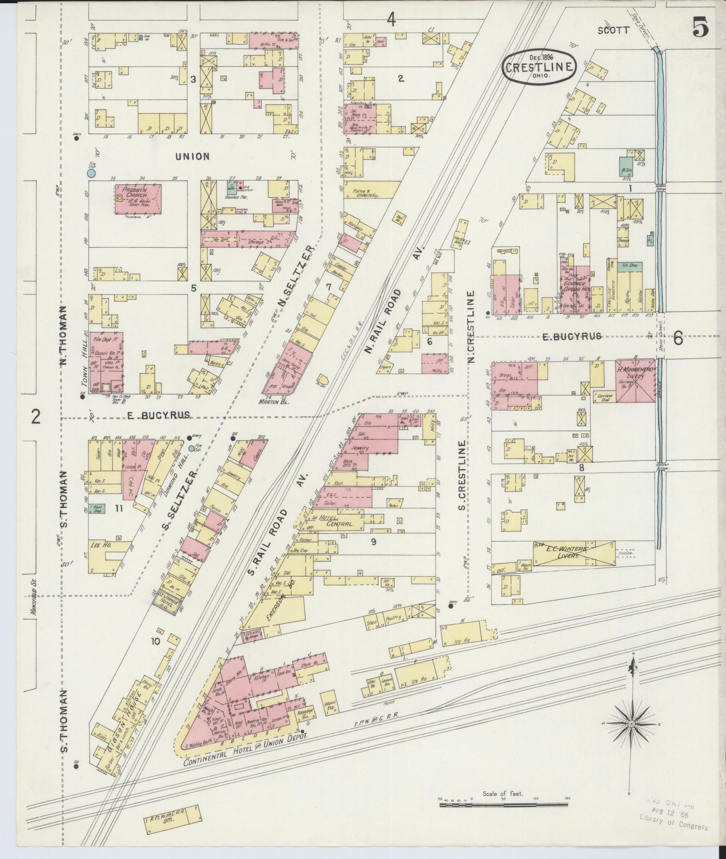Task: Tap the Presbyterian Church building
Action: (x=138, y=199)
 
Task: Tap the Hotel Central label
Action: (x=330, y=521)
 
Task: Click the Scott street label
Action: (x=614, y=30)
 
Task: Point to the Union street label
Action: (x=192, y=156)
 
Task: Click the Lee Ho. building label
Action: (x=101, y=545)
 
